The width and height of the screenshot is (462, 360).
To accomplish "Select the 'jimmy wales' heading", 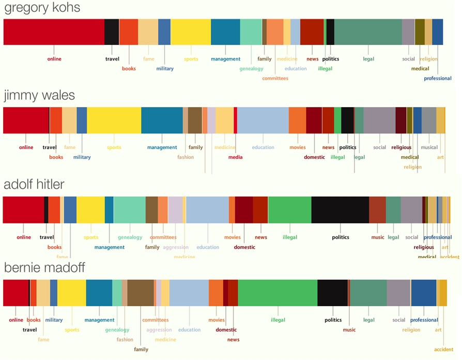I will coord(39,96).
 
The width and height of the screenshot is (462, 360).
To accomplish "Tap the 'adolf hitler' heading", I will coord(41,185).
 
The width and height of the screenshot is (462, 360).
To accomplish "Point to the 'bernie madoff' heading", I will coord(44,268).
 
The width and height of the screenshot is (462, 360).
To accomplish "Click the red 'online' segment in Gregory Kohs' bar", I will coord(54,32).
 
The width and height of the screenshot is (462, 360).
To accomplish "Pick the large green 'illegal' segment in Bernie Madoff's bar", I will coord(278,293).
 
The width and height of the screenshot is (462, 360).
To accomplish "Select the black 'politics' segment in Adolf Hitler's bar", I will coord(340,210).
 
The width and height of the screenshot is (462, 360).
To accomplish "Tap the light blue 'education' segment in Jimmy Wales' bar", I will coord(263,121).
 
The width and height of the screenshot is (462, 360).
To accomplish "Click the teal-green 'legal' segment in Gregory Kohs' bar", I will coord(368,32).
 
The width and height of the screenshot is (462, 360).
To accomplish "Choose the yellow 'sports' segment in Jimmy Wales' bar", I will coord(114,121).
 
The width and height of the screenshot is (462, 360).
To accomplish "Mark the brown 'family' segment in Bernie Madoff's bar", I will coord(141,293).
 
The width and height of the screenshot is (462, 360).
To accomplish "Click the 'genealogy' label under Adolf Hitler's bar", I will coord(130,237).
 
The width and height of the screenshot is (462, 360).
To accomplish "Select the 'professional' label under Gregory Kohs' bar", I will coord(437,79).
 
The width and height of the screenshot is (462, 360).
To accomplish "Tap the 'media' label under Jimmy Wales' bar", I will coord(235,157).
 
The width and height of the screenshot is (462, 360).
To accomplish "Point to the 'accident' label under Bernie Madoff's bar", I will coord(443,350).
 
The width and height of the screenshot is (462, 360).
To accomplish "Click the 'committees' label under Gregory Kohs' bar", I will coord(275,79).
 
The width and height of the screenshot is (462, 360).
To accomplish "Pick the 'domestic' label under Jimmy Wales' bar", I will coord(314,157).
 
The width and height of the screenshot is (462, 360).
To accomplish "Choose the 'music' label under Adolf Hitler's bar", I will coord(378,237).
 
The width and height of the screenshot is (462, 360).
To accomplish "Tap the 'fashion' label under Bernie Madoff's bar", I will coord(125,340).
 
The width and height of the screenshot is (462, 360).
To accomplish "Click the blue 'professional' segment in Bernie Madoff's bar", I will coord(424,293).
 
